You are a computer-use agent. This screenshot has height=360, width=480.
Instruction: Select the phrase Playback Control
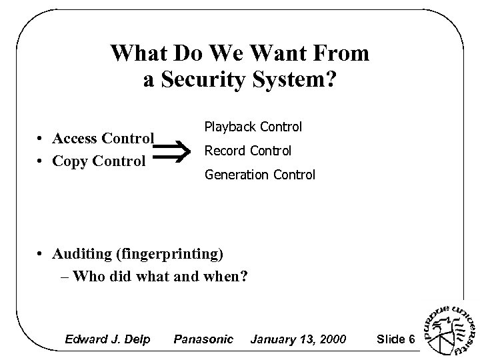coord(253,127)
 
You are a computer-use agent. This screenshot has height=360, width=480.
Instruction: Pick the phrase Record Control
coord(247,151)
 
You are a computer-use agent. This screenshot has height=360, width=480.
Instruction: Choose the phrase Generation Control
coord(260,175)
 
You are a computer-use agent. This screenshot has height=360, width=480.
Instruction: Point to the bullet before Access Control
coord(41,139)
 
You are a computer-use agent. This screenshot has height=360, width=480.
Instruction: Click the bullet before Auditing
coord(41,254)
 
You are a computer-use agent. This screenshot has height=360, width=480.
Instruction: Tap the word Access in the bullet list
coord(76,139)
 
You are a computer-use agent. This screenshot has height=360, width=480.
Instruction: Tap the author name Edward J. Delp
coord(106,339)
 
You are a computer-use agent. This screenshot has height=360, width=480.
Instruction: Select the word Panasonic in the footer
coord(203,339)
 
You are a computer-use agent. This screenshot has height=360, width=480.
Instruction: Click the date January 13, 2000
coord(297,339)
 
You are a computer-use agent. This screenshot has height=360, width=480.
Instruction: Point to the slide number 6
coord(412,339)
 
